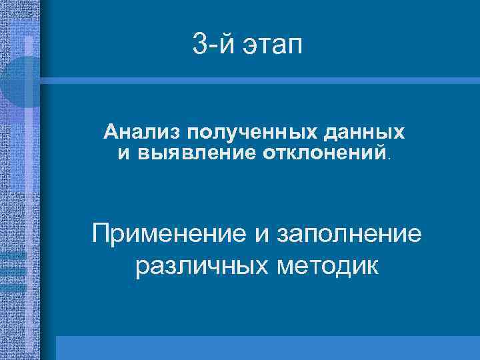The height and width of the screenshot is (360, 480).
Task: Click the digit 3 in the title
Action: [x=199, y=45]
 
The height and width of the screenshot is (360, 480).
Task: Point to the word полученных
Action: [x=225, y=132]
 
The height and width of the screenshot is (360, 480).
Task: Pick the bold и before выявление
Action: [x=124, y=153]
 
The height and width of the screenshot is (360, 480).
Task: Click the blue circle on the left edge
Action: [x=20, y=81]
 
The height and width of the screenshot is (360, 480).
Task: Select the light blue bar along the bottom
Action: [x=267, y=347]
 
